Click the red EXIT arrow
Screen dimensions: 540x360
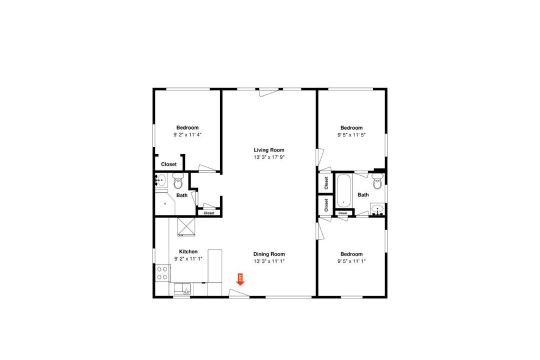coord(240,279)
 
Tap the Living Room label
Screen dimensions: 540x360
coord(269,150)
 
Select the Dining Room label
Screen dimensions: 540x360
coord(269,254)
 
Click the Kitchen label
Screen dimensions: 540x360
coord(188,252)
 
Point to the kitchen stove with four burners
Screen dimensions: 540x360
coord(162,272)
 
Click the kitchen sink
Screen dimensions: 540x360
coord(182,288)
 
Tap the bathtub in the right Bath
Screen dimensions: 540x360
coord(343,191)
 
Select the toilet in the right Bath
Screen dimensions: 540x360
coord(377,181)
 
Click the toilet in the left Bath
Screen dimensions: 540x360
coord(178,181)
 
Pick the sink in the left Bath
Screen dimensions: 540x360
coord(161,180)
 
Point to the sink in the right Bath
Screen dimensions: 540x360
coord(377,210)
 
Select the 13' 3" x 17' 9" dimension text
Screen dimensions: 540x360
coord(269,157)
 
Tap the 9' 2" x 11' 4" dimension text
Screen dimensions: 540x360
coord(187,135)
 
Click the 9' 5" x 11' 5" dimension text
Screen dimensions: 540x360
coord(351,135)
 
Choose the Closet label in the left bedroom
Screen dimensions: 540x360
coord(169,164)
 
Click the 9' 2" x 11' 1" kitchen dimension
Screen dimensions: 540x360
coord(188,259)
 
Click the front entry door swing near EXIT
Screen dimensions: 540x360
coord(239,293)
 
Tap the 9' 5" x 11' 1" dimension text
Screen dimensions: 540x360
coord(351,261)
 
